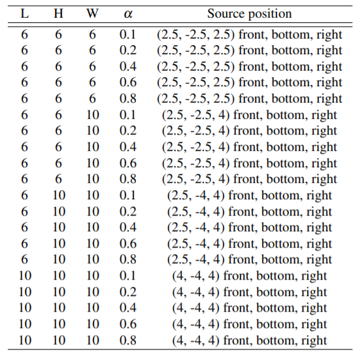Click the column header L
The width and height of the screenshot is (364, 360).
click(x=25, y=14)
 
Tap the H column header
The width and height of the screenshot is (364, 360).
click(x=59, y=14)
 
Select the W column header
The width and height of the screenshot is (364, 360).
click(x=92, y=14)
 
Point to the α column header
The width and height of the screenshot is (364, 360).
click(x=128, y=14)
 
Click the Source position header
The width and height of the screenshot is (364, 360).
click(x=250, y=14)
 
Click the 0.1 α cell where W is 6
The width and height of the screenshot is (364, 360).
click(x=127, y=35)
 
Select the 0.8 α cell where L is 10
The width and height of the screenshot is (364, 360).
click(x=127, y=340)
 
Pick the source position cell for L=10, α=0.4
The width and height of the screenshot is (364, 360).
click(x=250, y=308)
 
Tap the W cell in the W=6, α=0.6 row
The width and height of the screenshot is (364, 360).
click(x=92, y=82)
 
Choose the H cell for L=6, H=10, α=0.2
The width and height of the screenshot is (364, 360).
click(x=59, y=212)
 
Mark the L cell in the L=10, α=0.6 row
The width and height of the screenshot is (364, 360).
click(x=25, y=324)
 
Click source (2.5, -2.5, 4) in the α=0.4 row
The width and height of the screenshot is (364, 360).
click(x=250, y=148)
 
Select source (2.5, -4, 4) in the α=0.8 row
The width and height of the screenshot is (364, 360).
click(x=250, y=260)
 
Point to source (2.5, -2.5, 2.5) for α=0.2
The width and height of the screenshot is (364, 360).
click(x=250, y=51)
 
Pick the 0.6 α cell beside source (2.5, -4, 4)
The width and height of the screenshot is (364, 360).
click(x=127, y=244)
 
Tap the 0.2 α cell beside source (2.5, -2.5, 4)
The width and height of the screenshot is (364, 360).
click(x=127, y=131)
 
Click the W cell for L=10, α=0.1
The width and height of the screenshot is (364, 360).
click(x=93, y=276)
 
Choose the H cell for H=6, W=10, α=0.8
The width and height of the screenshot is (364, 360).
click(x=59, y=179)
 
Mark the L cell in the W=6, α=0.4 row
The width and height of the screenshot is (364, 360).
click(x=24, y=67)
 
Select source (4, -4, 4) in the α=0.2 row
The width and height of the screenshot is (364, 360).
click(x=250, y=292)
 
